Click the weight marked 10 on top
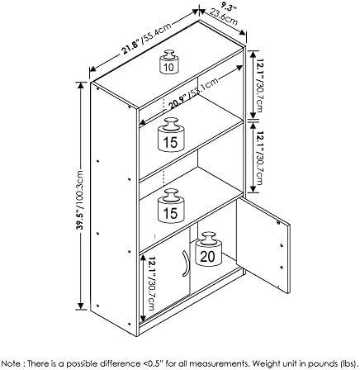pyautogui.click(x=169, y=62)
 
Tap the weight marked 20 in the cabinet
pyautogui.click(x=208, y=250)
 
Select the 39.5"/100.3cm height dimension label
pyautogui.click(x=80, y=200)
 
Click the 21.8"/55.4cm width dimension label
pyautogui.click(x=146, y=38)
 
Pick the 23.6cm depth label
pyautogui.click(x=224, y=17)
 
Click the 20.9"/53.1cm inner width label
pyautogui.click(x=193, y=92)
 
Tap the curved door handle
pyautogui.click(x=186, y=263)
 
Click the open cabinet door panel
pyautogui.click(x=263, y=245)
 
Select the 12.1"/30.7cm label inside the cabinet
pyautogui.click(x=152, y=283)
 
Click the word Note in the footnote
pyautogui.click(x=11, y=363)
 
